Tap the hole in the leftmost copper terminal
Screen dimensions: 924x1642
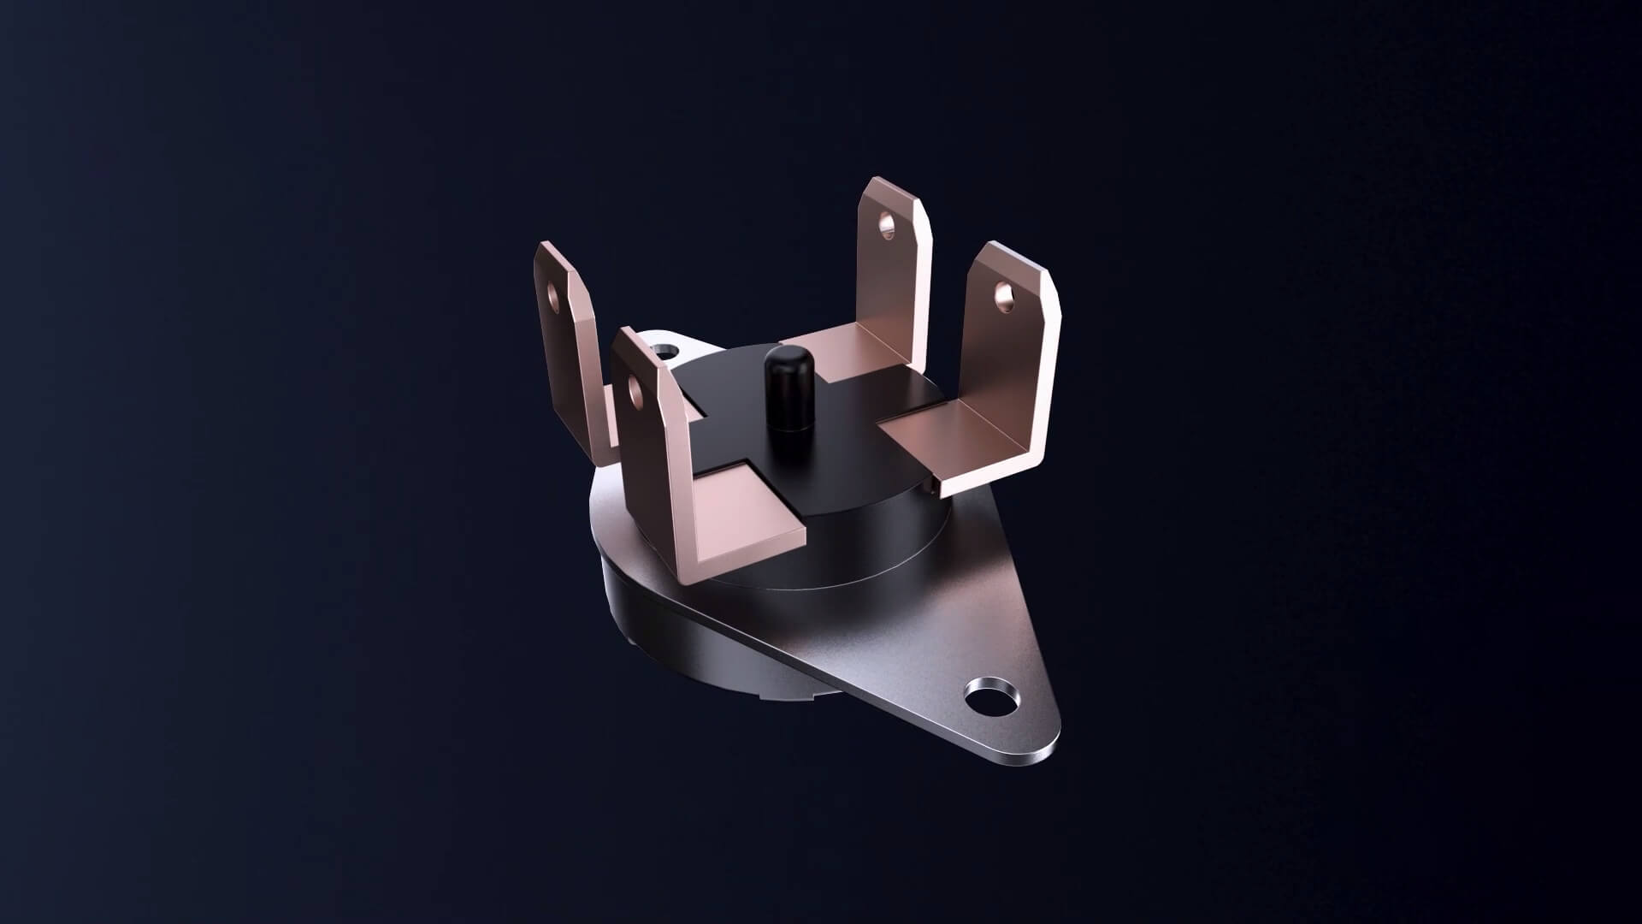tap(553, 297)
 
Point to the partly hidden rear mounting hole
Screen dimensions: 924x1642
tap(663, 351)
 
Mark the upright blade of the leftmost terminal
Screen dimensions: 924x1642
tap(569, 342)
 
